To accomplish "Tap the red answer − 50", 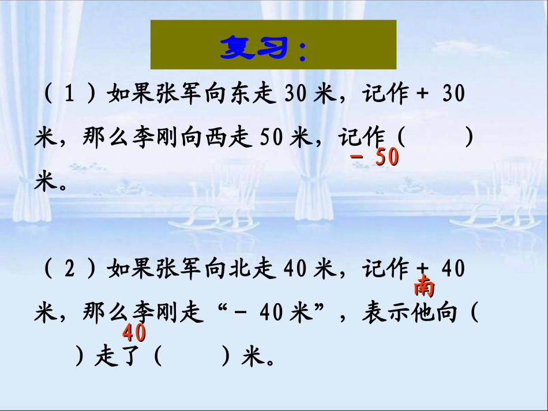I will [375, 158].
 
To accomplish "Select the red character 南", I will [424, 286].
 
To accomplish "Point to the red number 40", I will [134, 333].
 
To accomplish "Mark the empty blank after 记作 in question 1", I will [436, 138].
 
